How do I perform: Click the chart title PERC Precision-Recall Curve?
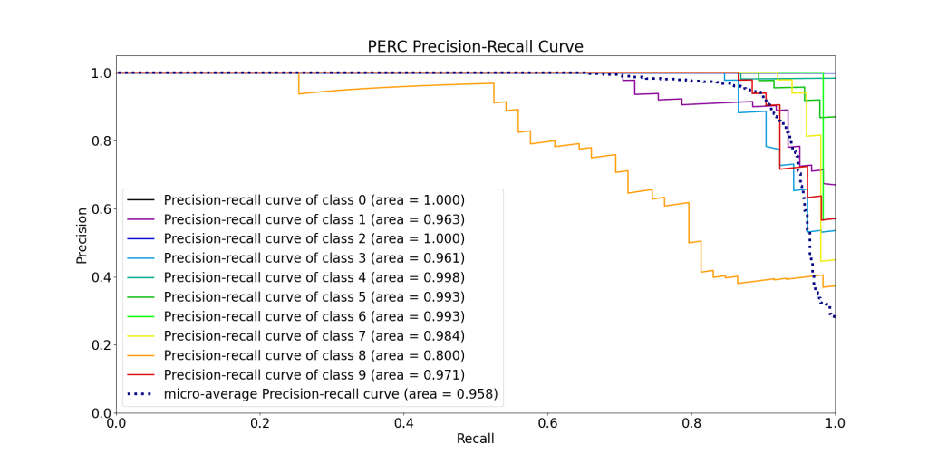click(475, 46)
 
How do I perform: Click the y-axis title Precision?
click(82, 235)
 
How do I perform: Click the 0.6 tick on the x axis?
click(547, 423)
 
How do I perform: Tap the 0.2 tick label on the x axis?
click(260, 423)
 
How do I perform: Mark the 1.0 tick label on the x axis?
click(835, 423)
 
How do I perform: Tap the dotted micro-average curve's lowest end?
click(835, 317)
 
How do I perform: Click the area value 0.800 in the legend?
click(444, 355)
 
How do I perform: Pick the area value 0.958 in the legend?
click(476, 394)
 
